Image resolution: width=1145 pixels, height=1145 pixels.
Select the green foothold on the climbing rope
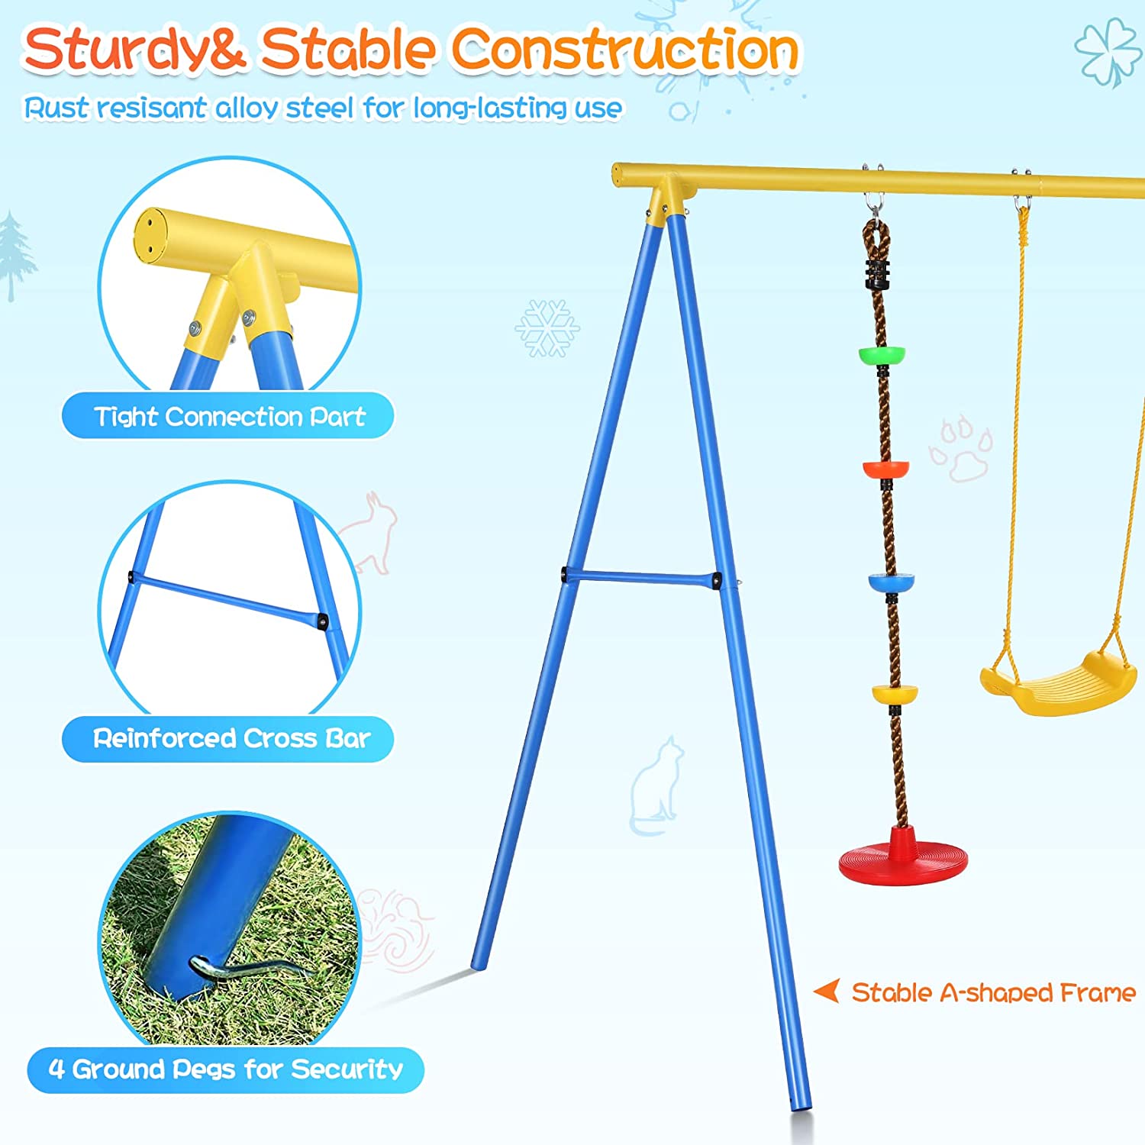[882, 355]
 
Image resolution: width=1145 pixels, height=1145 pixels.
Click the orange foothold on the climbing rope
[885, 467]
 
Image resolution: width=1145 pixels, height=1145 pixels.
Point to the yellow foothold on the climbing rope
[895, 694]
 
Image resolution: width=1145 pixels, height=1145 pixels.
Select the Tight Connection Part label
[228, 416]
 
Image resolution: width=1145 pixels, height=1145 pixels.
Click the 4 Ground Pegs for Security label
[225, 1069]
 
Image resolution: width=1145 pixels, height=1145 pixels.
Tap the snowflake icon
[547, 328]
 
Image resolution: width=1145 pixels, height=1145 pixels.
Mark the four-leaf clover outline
[1108, 52]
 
